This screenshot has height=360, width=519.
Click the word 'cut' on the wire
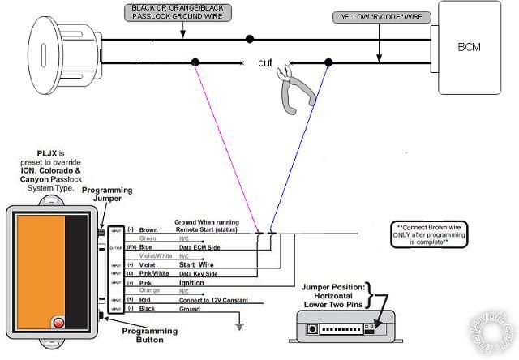(266, 62)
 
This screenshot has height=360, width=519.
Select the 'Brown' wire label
(148, 230)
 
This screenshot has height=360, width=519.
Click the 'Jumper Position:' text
(333, 287)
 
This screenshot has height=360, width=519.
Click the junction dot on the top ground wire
(250, 38)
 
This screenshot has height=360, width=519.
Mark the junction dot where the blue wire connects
(328, 62)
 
